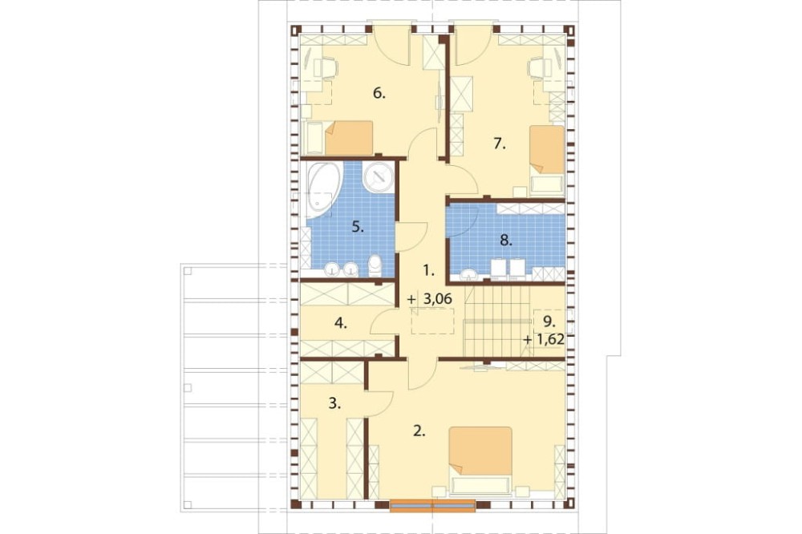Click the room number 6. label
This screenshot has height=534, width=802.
379,94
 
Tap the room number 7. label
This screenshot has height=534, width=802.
499,144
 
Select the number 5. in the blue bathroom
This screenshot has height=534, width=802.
358,227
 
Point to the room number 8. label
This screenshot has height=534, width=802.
505,241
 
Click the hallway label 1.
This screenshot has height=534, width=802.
428,270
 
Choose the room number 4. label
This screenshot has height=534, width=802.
341,323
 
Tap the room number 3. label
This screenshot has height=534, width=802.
334,403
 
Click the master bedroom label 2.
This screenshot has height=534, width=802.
419,431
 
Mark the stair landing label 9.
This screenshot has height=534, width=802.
549,322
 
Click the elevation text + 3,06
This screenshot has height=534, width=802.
430,299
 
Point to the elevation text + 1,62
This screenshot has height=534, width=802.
544,339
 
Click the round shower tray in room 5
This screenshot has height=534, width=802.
379,177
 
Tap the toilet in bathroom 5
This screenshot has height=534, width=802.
375,265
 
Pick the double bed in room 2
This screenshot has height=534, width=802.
480,460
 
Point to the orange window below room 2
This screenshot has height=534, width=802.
433,505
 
